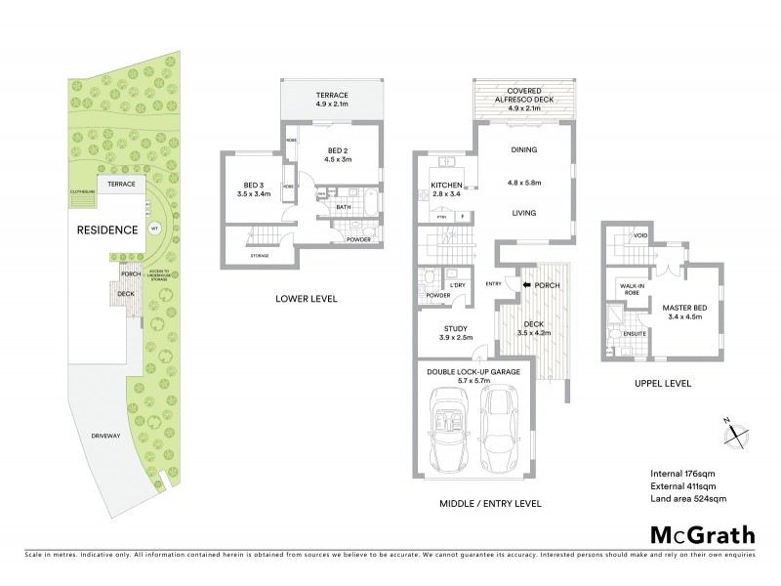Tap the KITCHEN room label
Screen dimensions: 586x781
451,186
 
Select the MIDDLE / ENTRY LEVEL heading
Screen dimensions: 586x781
482,504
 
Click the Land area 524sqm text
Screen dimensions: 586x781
688,499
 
